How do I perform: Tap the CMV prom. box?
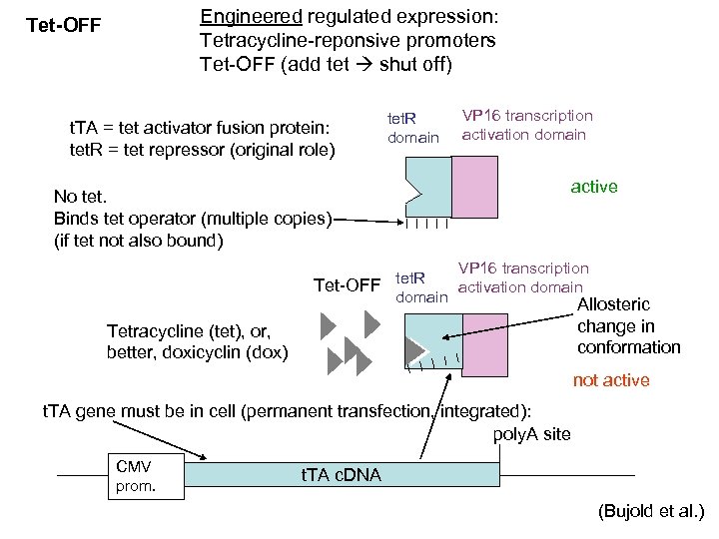tap(146, 477)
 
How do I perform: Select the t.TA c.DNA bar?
tap(340, 475)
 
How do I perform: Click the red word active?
tap(594, 187)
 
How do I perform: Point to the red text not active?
tap(610, 380)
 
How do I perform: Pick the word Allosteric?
tap(614, 304)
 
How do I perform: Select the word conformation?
tap(629, 347)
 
